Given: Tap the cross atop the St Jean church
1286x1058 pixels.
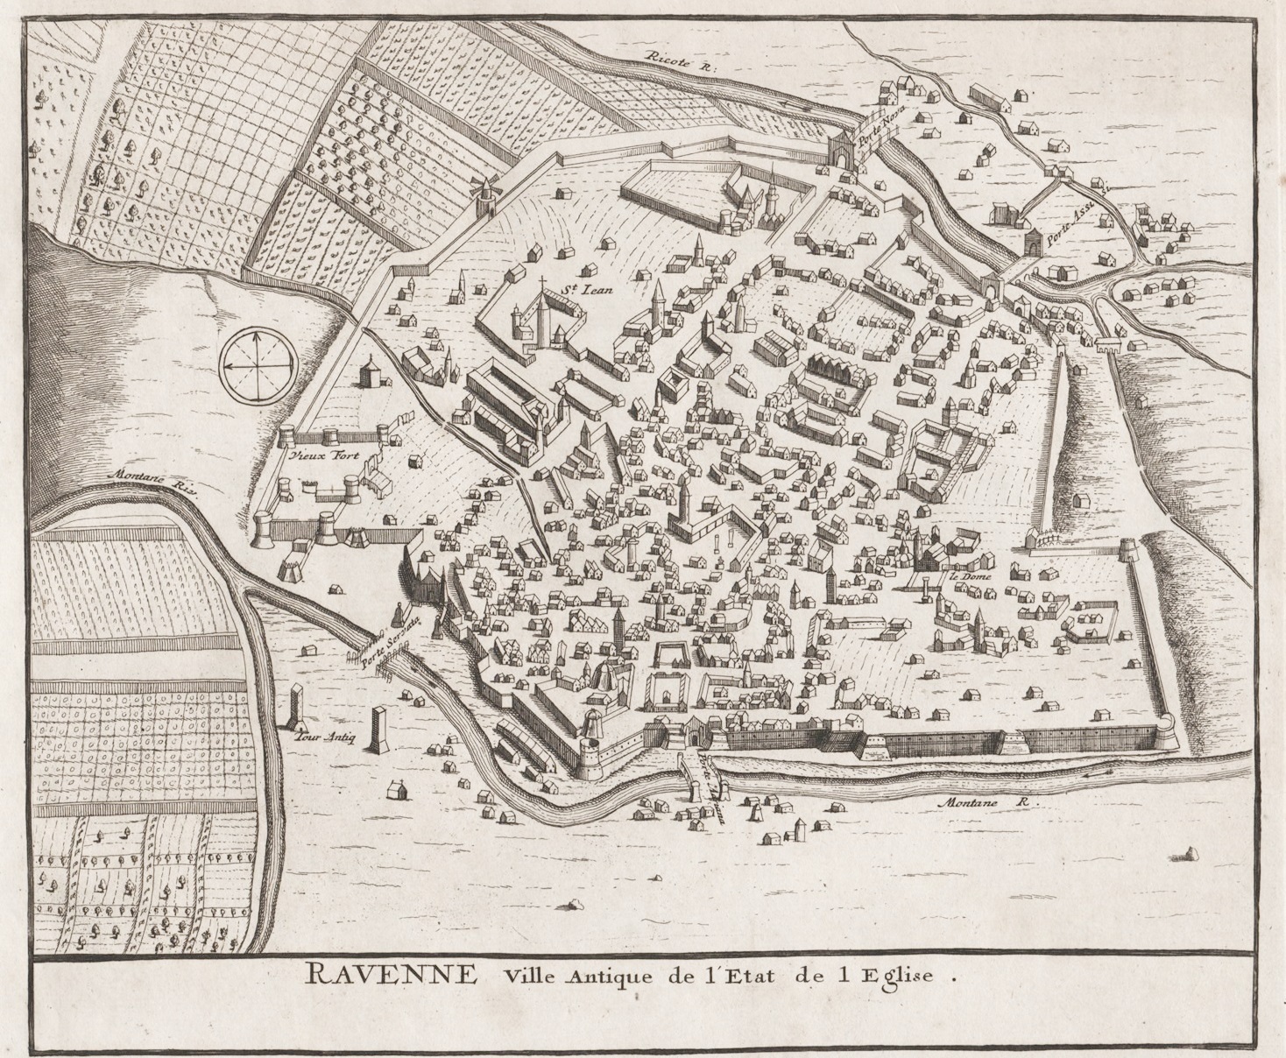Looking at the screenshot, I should (x=542, y=283).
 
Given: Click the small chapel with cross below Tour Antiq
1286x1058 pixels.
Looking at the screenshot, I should (x=396, y=789).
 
